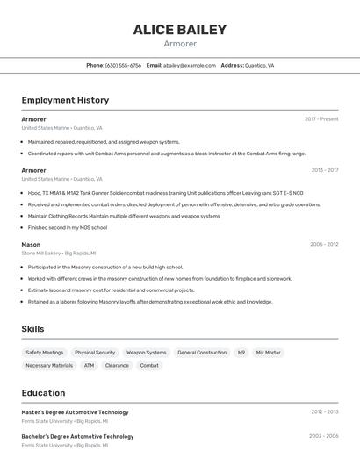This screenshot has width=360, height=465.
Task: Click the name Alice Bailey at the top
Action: pyautogui.click(x=180, y=30)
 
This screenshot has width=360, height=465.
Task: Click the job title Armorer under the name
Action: pyautogui.click(x=180, y=44)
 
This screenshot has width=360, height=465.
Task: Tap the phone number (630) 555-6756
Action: pyautogui.click(x=123, y=65)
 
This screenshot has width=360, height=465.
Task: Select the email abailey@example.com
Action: pyautogui.click(x=189, y=65)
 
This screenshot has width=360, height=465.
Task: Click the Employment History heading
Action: pyautogui.click(x=65, y=100)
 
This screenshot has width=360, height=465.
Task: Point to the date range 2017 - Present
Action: pyautogui.click(x=321, y=118)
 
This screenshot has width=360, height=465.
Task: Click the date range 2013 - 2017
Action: pyautogui.click(x=324, y=170)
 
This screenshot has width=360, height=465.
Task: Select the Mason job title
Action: pyautogui.click(x=31, y=245)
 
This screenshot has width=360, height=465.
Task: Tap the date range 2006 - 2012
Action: pyautogui.click(x=324, y=245)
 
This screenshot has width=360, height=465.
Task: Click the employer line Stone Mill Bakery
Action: pyautogui.click(x=40, y=253)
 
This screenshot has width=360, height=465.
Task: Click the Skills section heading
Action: pyautogui.click(x=32, y=329)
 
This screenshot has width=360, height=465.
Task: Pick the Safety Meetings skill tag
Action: pyautogui.click(x=45, y=352)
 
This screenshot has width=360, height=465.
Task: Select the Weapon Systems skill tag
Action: pyautogui.click(x=146, y=352)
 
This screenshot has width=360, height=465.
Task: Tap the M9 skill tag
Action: pyautogui.click(x=241, y=352)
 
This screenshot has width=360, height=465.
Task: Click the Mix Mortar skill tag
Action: pyautogui.click(x=269, y=352)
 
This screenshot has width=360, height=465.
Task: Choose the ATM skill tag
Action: pyautogui.click(x=89, y=365)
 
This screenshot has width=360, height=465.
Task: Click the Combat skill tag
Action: pyautogui.click(x=149, y=365)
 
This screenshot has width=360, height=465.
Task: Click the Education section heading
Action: pyautogui.click(x=43, y=393)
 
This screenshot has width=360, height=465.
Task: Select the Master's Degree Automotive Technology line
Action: pyautogui.click(x=75, y=411)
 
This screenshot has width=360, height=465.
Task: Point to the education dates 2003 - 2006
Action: pyautogui.click(x=324, y=435)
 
